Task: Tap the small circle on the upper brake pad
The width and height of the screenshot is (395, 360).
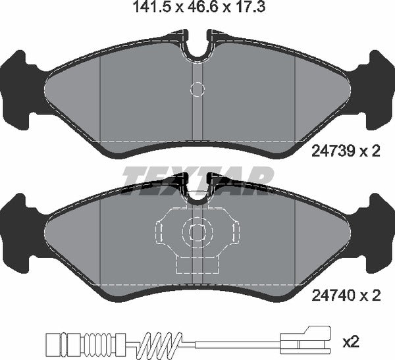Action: (197, 89)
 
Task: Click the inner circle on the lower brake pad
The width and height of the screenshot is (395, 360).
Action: (197, 232)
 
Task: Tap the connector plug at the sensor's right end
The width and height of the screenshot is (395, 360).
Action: (303, 342)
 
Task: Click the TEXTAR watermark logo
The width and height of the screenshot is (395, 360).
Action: (197, 177)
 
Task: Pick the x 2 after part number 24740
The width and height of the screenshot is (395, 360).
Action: (371, 297)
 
